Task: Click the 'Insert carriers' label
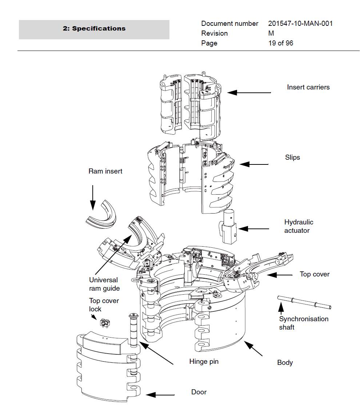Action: pos(308,87)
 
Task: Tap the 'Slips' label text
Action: pos(292,158)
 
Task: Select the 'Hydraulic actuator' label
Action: pos(299,226)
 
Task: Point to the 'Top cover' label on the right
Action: pos(314,274)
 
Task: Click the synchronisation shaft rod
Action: pos(304,303)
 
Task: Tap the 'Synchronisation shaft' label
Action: pos(303,323)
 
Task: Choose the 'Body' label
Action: pos(285,363)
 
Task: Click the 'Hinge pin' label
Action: pos(204,362)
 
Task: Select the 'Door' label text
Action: pos(199,392)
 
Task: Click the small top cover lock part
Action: pos(105,322)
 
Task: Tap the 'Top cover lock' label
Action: pos(104,305)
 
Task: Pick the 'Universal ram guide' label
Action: pos(104,284)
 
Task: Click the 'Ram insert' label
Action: pos(105,171)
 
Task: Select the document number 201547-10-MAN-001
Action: pos(300,24)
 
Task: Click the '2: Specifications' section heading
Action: pos(94,29)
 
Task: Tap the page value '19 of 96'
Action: pos(280,43)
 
